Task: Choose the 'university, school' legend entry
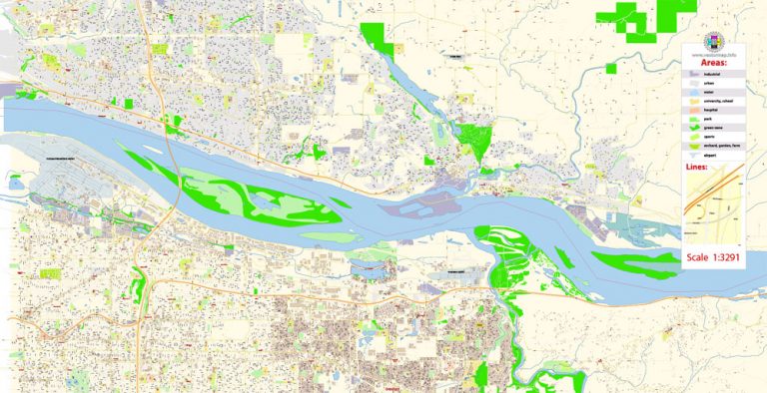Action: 715,102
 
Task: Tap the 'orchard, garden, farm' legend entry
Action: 719,147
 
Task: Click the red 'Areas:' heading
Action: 714,62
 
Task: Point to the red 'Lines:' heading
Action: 697,168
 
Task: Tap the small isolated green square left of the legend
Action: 610,69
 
